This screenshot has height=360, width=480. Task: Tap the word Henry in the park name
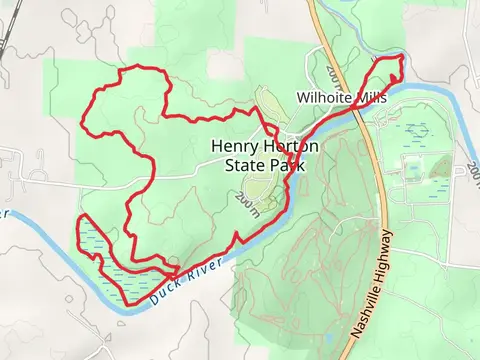click(x=233, y=145)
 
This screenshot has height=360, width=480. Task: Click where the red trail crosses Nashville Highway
click(x=357, y=108)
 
